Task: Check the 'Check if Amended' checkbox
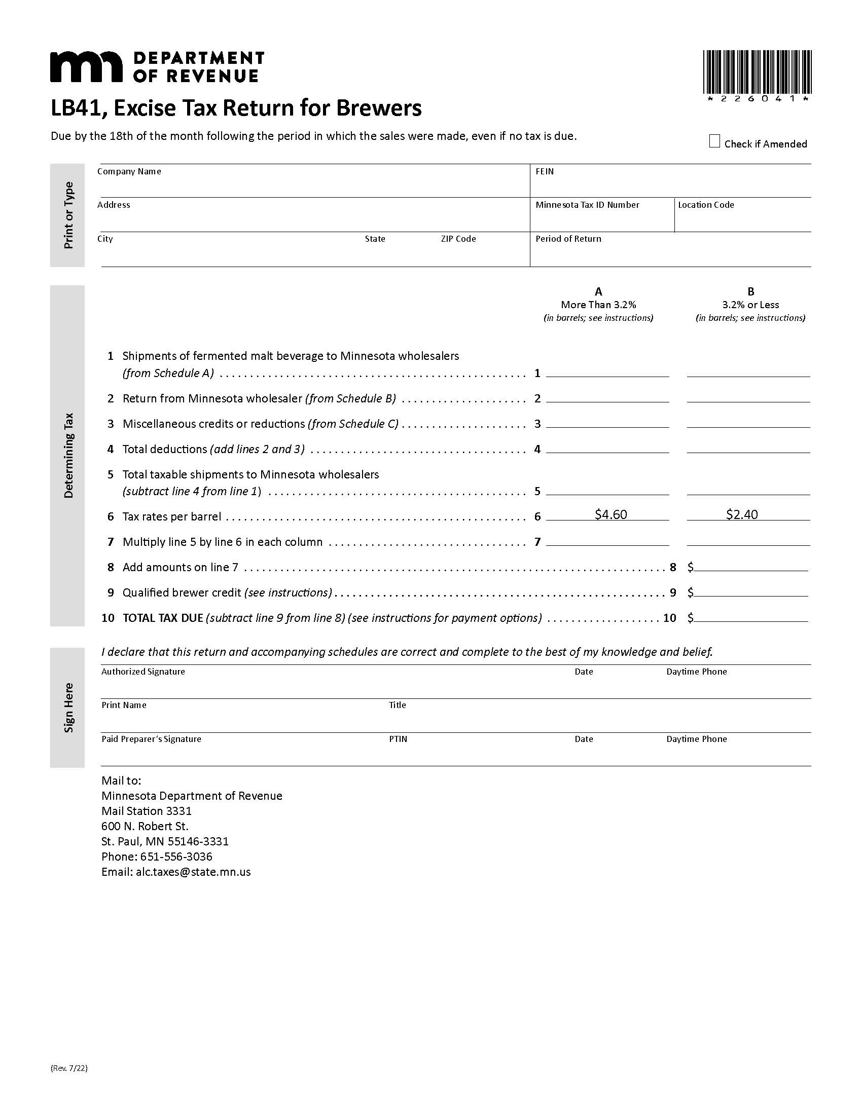coord(714,141)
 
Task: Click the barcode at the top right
coord(758,72)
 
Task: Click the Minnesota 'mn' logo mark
coord(86,66)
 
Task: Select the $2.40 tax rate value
coord(741,514)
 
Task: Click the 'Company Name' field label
coord(129,171)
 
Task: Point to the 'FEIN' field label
coord(545,171)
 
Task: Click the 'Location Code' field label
coord(706,205)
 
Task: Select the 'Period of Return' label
coord(568,239)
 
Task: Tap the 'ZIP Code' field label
coord(458,239)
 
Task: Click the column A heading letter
coord(598,291)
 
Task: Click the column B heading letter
coord(750,291)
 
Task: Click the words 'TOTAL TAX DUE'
coord(163,618)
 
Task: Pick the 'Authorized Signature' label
coord(143,672)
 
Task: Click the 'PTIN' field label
coord(398,739)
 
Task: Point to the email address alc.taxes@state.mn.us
coord(193,872)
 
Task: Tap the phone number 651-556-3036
coord(176,856)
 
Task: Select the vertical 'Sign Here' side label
coord(68,708)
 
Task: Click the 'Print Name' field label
coord(124,705)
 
